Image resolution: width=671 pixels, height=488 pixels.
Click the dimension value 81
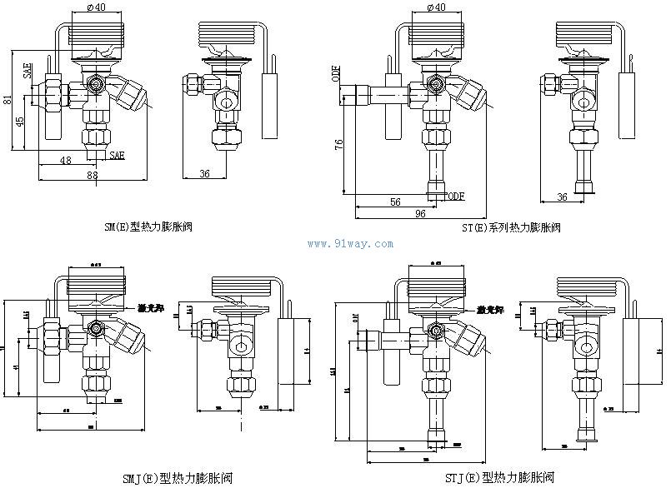tap(8, 101)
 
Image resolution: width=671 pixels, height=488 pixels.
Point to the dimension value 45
tap(21, 121)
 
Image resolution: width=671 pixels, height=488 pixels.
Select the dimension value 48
tap(64, 160)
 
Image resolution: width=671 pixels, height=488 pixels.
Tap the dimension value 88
tap(92, 175)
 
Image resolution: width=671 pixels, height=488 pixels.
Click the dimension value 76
tap(339, 144)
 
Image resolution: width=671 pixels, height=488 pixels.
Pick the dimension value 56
tap(395, 202)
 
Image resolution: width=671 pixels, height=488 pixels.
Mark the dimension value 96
tap(419, 214)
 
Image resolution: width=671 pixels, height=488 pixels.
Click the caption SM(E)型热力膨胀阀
tap(148, 227)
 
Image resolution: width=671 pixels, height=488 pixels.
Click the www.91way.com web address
tap(352, 244)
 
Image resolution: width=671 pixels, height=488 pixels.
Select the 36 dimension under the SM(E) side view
tap(203, 173)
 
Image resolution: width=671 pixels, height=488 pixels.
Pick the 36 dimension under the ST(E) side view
tap(562, 197)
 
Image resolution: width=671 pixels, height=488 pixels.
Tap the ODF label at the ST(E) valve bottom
tap(454, 196)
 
